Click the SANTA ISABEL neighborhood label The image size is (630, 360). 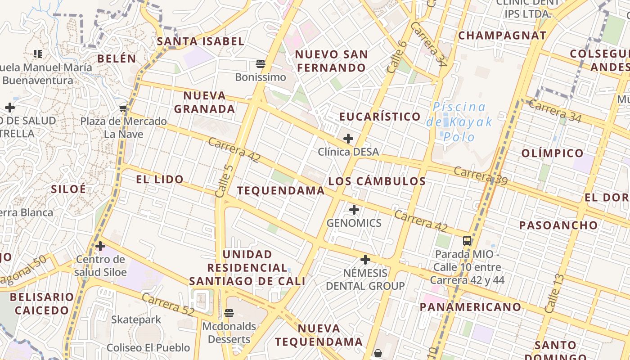[200, 41]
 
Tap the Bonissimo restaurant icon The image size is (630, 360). [261, 64]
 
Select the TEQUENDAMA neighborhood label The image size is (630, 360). [281, 191]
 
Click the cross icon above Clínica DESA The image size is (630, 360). [348, 139]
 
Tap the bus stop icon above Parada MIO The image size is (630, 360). [467, 241]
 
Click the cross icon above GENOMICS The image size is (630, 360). [354, 210]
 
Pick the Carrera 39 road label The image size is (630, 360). [481, 176]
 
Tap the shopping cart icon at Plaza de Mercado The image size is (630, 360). [123, 108]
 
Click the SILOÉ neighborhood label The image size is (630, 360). [68, 189]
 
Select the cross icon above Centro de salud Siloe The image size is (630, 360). [100, 246]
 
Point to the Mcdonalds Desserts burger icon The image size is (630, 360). [229, 313]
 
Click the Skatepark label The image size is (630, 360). [136, 320]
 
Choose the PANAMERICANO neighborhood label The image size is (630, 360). [470, 307]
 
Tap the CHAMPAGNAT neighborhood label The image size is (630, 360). [502, 36]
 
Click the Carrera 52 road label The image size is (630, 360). [168, 305]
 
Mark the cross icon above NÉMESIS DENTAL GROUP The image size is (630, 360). [365, 260]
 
